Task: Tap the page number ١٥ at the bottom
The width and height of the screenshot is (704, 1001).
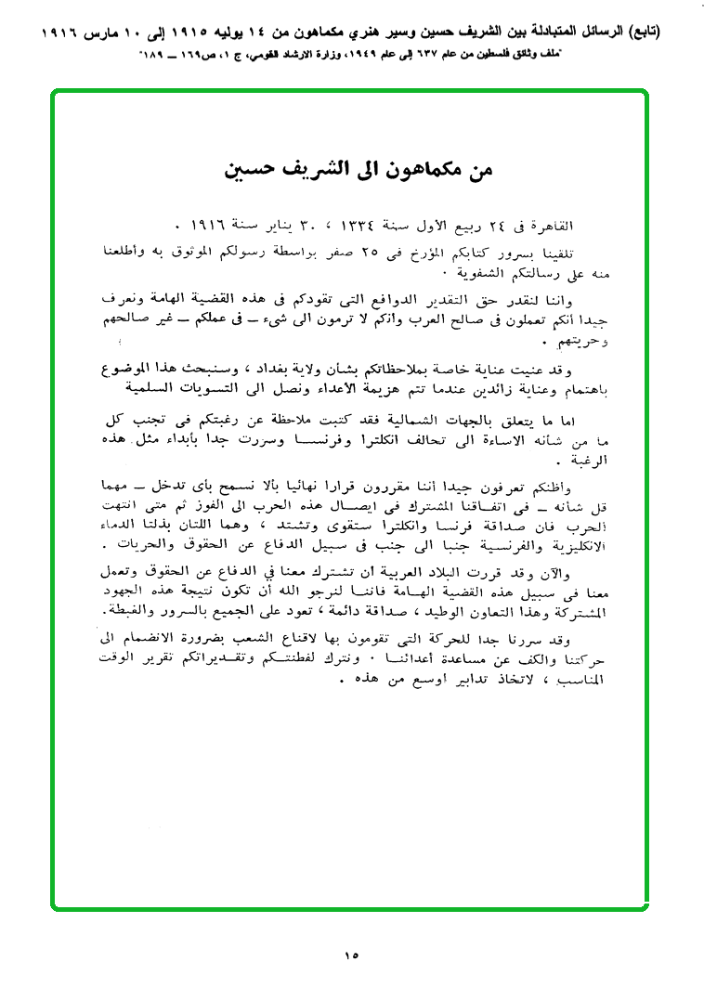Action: tap(350, 954)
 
